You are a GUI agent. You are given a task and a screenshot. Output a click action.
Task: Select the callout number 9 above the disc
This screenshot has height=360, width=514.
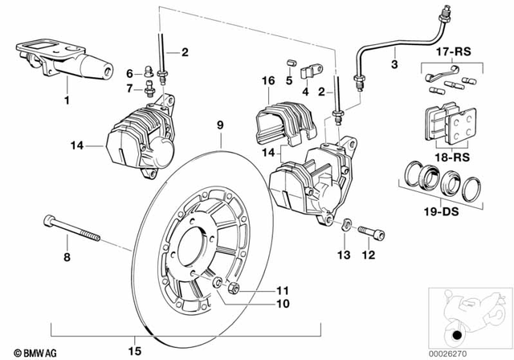pyautogui.click(x=218, y=126)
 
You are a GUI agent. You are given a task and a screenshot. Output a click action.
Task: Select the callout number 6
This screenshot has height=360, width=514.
pyautogui.click(x=128, y=73)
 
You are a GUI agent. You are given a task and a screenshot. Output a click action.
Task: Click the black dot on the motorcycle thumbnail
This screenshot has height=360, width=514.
pyautogui.click(x=457, y=335)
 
